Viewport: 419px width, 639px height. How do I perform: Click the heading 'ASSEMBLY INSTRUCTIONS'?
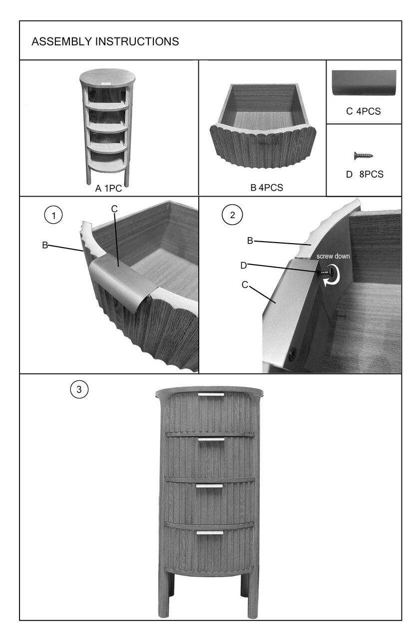105,41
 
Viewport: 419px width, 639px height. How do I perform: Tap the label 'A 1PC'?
108,188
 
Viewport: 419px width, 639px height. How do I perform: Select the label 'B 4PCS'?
267,187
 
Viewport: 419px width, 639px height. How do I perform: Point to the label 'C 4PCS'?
364,111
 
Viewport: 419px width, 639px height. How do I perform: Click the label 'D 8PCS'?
365,174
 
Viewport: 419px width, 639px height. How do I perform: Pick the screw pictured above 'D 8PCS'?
364,156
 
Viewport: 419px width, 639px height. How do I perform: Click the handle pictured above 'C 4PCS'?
364,83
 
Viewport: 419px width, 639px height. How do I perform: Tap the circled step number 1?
53,215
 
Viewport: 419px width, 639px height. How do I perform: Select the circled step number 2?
232,215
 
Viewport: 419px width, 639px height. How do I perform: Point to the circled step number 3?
79,389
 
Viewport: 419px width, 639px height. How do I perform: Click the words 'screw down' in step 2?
333,256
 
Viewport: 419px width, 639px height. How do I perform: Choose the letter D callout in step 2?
244,266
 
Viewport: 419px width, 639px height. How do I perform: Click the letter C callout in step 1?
114,209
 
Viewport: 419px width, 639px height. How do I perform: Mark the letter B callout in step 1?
45,245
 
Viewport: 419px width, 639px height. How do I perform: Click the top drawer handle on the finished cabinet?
211,394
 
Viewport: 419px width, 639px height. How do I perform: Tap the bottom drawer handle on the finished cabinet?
210,533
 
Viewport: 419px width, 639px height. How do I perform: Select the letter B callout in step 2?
250,241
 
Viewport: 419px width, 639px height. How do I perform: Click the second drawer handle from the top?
211,439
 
